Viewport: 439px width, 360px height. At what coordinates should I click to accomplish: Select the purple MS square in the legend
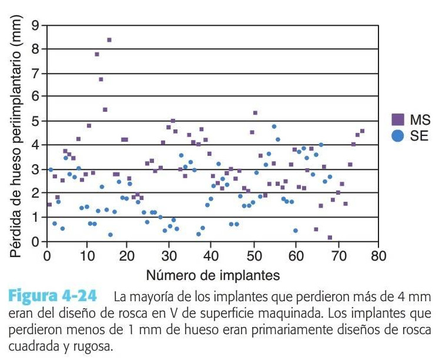click(x=398, y=121)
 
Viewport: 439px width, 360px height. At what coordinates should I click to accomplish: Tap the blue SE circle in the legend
click(x=398, y=135)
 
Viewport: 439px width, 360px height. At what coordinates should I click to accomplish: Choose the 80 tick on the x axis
click(x=379, y=256)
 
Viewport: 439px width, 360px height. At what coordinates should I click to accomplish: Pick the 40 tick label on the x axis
click(x=213, y=256)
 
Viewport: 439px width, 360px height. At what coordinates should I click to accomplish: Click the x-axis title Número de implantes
click(x=213, y=274)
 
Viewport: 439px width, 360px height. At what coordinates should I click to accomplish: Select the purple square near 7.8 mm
click(x=97, y=54)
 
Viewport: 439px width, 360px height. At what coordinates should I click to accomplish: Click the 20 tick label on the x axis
click(x=130, y=256)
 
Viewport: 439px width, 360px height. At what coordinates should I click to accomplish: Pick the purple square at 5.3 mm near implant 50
click(x=255, y=113)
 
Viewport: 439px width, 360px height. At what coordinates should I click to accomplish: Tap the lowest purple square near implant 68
click(x=330, y=238)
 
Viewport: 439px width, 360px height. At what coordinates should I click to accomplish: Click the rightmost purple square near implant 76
click(x=362, y=131)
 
